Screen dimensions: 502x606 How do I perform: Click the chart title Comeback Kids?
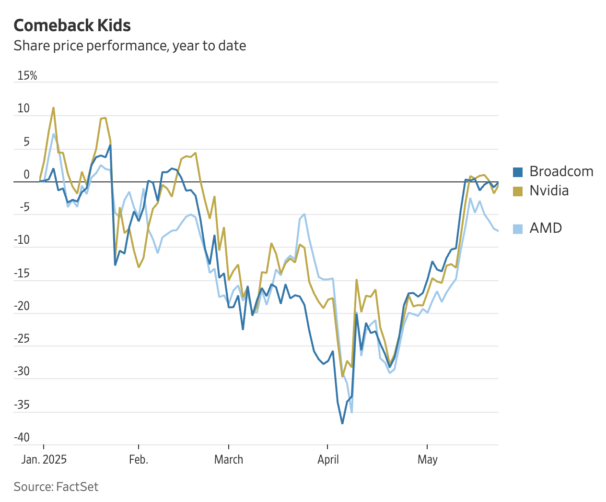(x=72, y=25)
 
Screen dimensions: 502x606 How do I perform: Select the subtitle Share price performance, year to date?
(x=129, y=46)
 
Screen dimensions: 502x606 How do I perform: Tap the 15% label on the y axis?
(x=27, y=75)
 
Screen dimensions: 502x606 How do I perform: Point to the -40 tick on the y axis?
(x=22, y=437)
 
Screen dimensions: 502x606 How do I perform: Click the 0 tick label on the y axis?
(x=27, y=175)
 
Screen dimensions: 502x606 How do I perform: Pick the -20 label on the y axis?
(x=22, y=306)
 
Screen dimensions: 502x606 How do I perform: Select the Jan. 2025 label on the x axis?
(x=44, y=459)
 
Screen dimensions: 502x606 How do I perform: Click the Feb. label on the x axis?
(x=139, y=459)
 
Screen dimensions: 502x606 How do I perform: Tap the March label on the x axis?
(x=229, y=459)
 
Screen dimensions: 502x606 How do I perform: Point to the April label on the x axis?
(x=328, y=459)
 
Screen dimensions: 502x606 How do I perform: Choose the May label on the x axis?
(x=427, y=459)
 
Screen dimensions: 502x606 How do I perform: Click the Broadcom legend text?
(x=561, y=171)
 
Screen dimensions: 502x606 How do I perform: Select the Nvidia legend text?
(x=549, y=191)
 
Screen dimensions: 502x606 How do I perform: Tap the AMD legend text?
(x=546, y=228)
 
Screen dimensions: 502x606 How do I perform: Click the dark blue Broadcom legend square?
(x=518, y=172)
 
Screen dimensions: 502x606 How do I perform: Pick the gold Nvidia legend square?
(x=518, y=191)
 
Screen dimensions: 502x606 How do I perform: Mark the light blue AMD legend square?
(x=518, y=228)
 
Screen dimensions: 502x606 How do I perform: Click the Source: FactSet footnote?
(x=56, y=487)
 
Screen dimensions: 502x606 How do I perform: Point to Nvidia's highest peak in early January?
(x=53, y=108)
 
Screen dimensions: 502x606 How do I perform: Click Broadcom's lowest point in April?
(x=342, y=423)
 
